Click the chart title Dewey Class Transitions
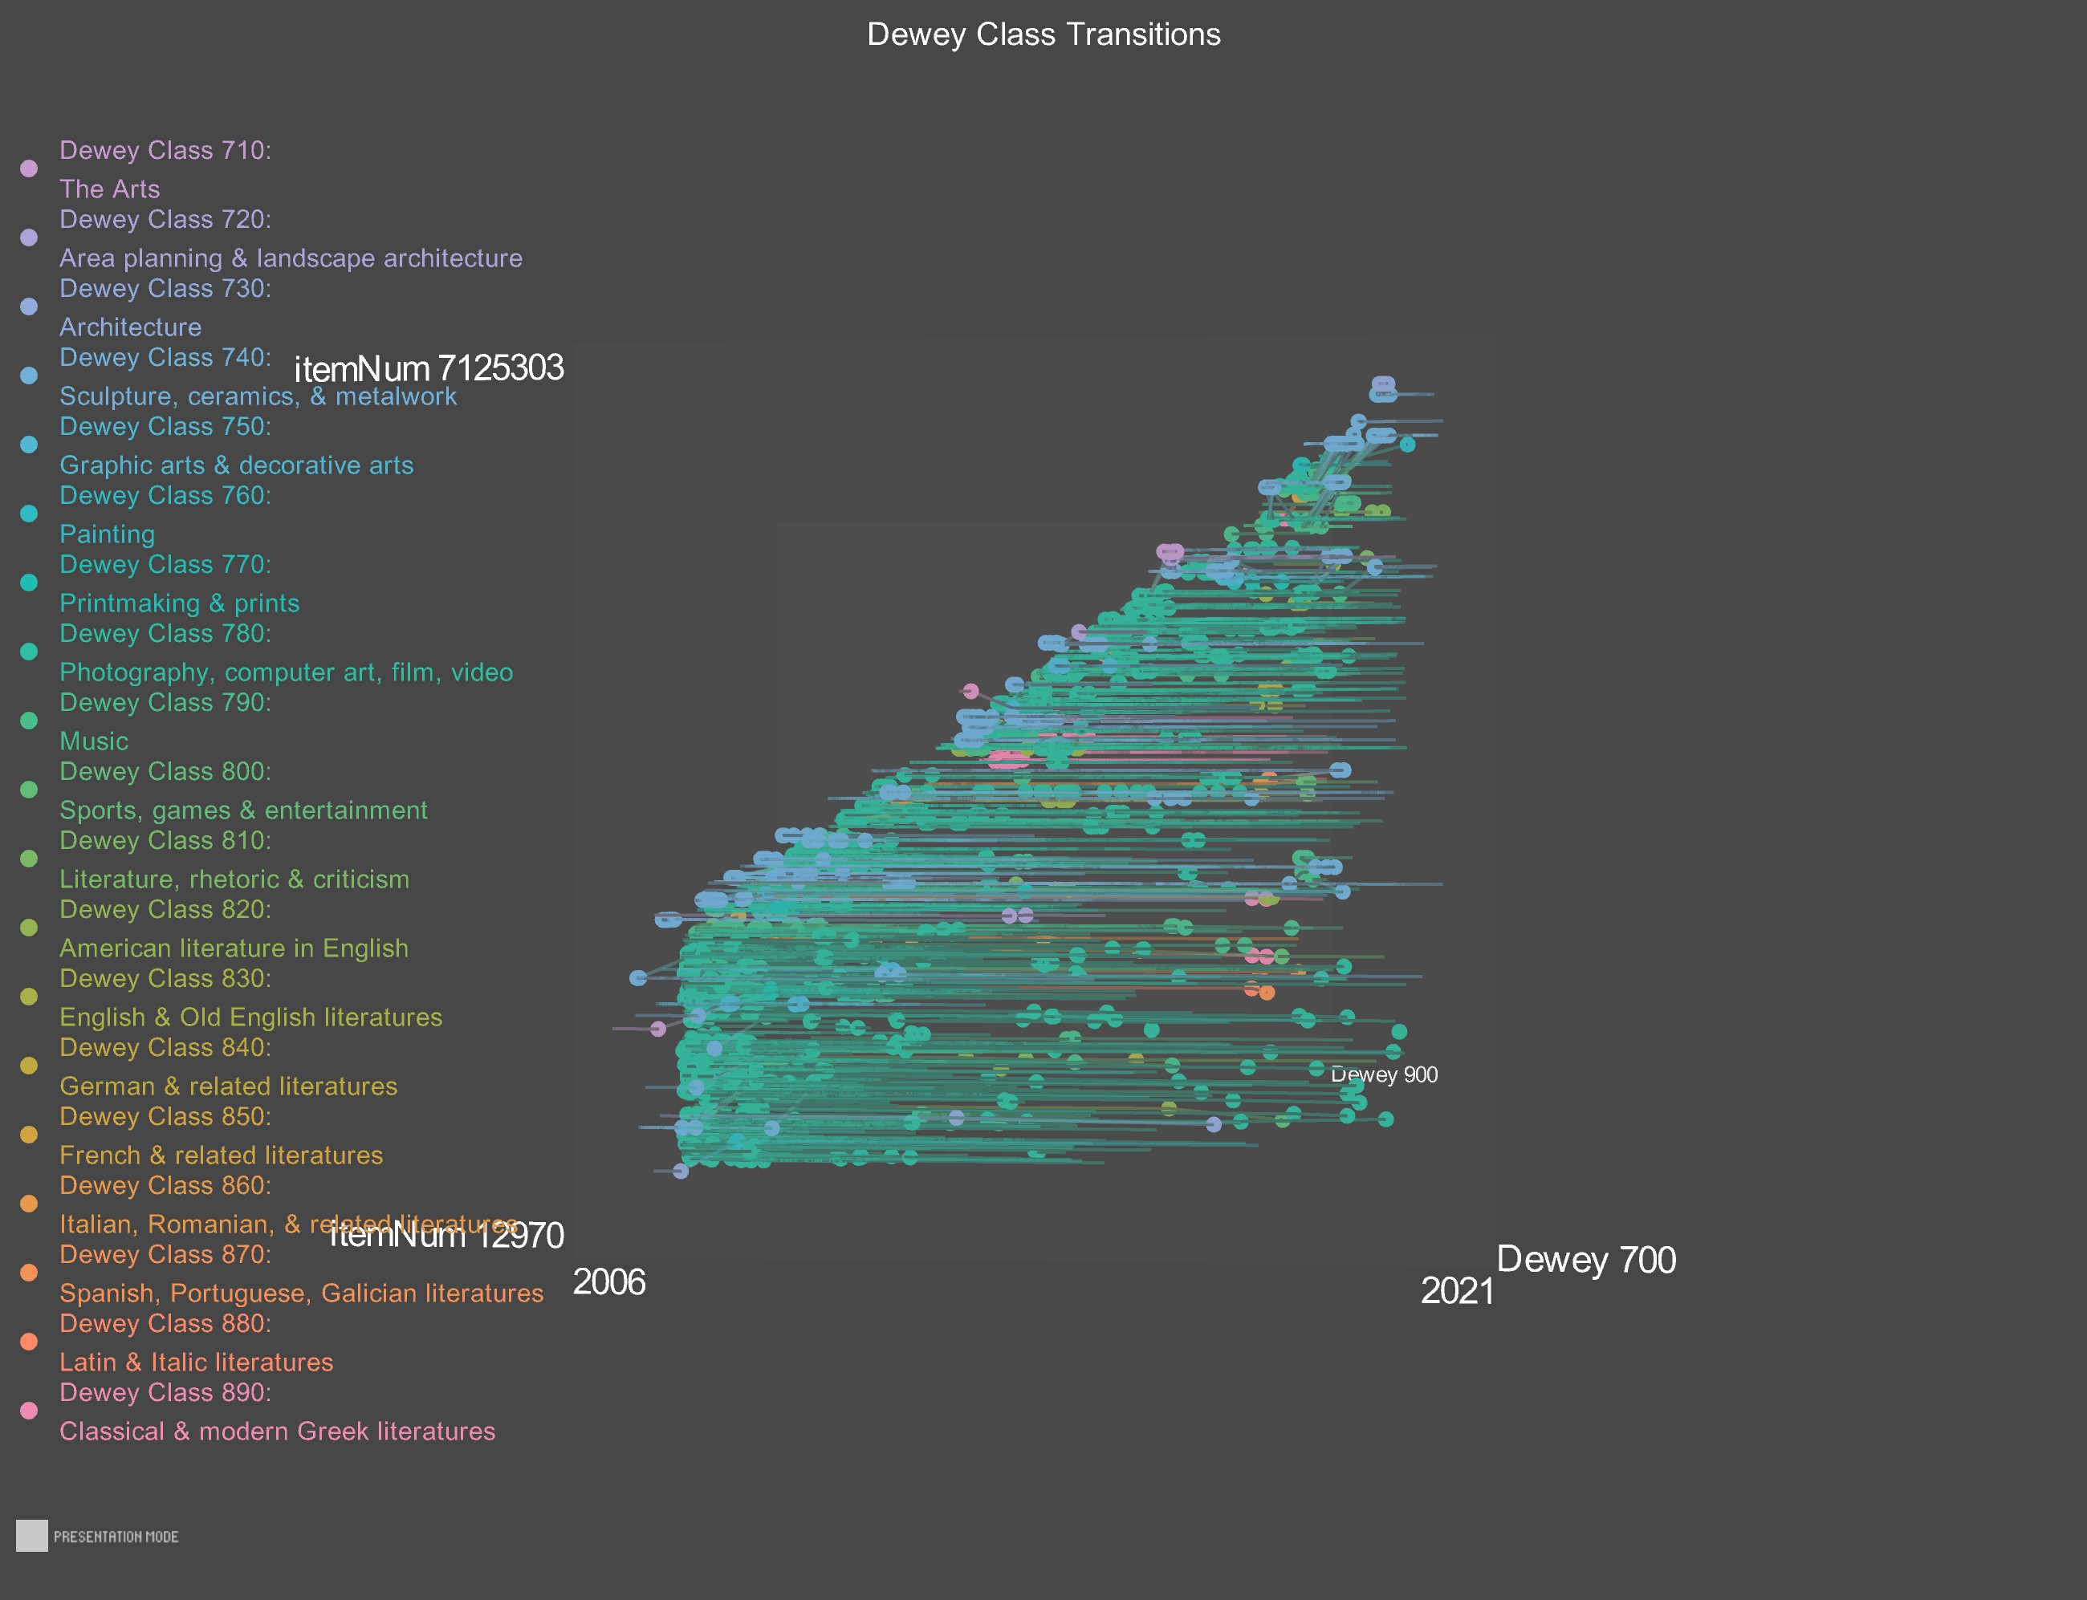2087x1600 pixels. coord(1043,35)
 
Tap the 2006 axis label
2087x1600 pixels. coord(608,1283)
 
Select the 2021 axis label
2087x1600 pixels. coord(1456,1291)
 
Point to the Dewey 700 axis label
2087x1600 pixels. coord(1586,1260)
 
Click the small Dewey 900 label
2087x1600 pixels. coord(1384,1075)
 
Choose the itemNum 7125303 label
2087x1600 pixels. coord(429,368)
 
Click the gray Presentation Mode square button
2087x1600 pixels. coord(31,1536)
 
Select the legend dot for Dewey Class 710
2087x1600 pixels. coord(29,169)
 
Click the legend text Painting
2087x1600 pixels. coord(107,534)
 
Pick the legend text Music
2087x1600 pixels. coord(93,741)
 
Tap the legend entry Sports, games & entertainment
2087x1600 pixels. coord(243,810)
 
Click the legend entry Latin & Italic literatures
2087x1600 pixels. coord(196,1362)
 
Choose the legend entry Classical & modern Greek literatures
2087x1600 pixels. coord(277,1431)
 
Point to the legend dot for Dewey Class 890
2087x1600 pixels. coord(29,1411)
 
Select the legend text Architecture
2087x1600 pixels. coord(131,327)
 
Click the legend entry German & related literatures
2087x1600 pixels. coord(228,1086)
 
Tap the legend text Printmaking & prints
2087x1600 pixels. coord(179,603)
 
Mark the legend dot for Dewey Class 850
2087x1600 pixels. coord(29,1135)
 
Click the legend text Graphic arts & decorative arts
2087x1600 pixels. coord(236,465)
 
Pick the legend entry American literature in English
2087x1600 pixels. coord(234,948)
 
